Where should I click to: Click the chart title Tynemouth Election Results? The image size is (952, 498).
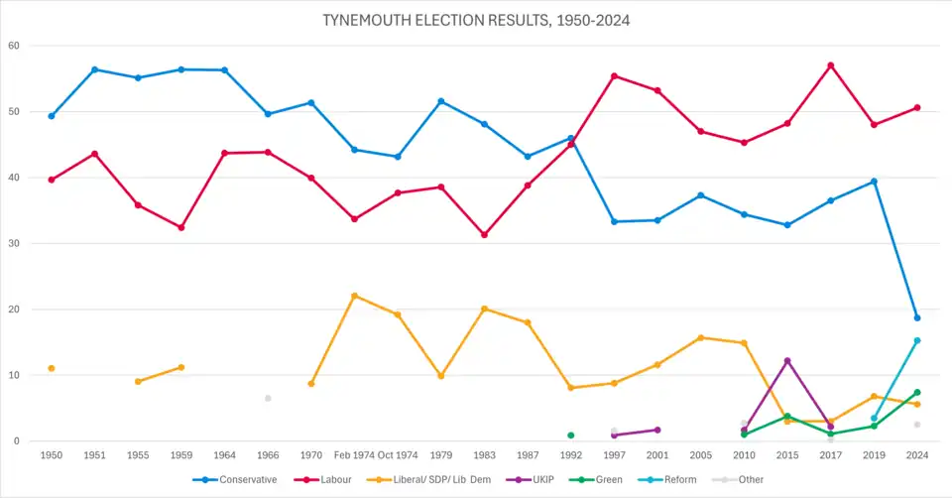pos(476,20)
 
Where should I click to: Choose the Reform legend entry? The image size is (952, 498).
pos(679,479)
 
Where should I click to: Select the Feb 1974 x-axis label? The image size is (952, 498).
pos(354,456)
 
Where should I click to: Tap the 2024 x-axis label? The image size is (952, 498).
pos(917,456)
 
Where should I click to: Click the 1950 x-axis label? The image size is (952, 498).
pos(52,456)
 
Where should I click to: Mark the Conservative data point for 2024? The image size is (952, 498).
pos(917,317)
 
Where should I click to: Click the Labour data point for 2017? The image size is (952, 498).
pos(830,65)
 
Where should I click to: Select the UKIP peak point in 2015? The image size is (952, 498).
pos(787,361)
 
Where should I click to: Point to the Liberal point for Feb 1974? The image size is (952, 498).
pos(354,296)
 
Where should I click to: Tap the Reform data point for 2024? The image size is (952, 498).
pos(917,340)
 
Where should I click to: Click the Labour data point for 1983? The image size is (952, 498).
pos(484,235)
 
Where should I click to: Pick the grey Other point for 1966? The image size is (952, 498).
pos(268,399)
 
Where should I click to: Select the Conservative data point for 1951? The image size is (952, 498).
pos(95,69)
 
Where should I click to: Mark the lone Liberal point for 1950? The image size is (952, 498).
pos(52,368)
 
